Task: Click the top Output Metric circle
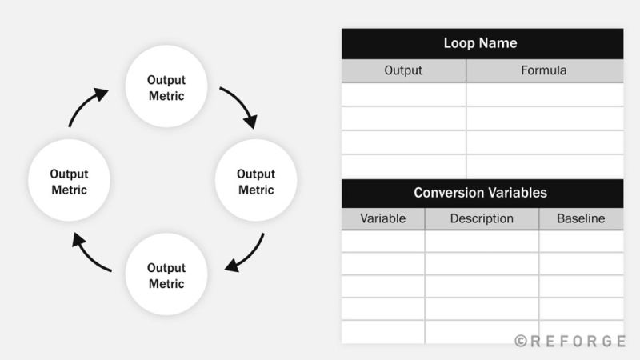pos(166,87)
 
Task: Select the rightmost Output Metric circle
pos(256,182)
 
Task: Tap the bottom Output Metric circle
pos(166,276)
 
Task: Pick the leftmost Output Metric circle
pos(69,182)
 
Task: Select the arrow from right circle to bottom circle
pos(246,254)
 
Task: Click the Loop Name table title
pos(482,43)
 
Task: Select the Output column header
pos(403,70)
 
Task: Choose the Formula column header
pos(544,70)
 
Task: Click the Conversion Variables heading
pos(482,193)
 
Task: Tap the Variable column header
pos(382,218)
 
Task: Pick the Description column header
pos(482,218)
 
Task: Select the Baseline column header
pos(581,218)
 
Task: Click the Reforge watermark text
pos(576,341)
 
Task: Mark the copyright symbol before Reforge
pos(521,341)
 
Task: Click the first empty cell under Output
pos(403,94)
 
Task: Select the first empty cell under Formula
pos(544,94)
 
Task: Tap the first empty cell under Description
pos(482,242)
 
